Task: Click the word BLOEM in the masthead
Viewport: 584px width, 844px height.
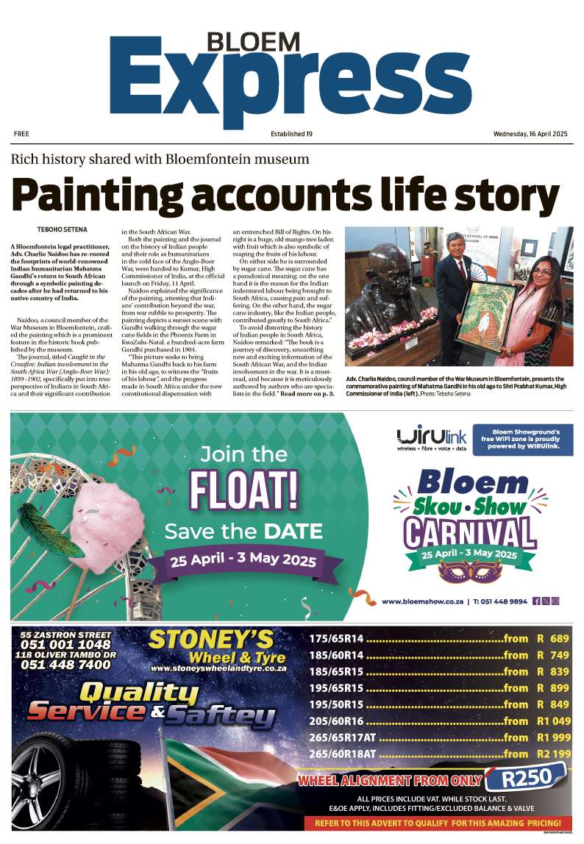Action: pos(243,41)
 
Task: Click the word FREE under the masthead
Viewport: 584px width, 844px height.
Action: pos(21,134)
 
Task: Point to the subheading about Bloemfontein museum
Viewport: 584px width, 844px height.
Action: pos(160,159)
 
